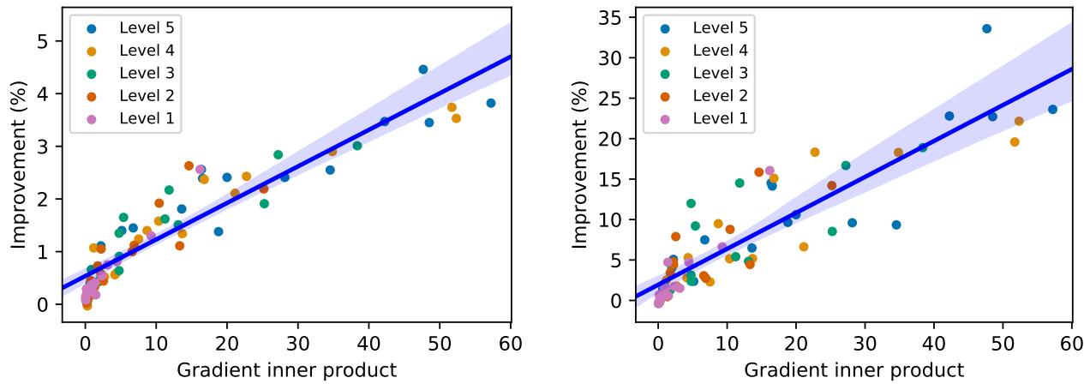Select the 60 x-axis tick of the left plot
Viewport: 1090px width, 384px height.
point(511,341)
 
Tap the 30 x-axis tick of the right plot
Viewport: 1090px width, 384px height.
point(865,341)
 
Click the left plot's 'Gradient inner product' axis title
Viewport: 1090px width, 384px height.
point(286,369)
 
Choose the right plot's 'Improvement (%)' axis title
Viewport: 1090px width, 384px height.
point(580,163)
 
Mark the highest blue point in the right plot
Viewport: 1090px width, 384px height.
point(986,28)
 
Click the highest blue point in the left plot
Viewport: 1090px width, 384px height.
point(422,69)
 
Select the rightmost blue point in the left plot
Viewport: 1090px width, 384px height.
point(491,103)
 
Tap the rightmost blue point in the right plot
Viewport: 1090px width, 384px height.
point(1052,109)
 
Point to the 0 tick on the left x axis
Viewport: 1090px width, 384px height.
point(85,341)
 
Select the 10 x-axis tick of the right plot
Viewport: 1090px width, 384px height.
point(727,341)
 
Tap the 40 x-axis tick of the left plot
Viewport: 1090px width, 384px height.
point(369,341)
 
